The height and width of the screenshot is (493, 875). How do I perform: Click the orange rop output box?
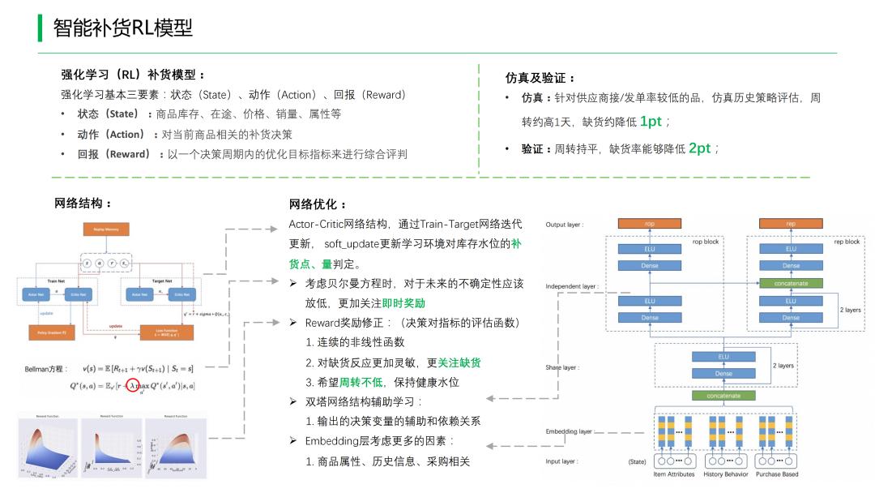tap(650, 224)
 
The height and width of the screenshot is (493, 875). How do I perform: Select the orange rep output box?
tap(791, 224)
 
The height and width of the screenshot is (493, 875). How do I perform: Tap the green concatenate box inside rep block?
tap(791, 283)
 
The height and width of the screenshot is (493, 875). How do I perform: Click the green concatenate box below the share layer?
tap(723, 396)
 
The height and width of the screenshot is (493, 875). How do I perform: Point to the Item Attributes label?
tap(674, 474)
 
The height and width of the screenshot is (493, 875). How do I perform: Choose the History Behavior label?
tap(726, 474)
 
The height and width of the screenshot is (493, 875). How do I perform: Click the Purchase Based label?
tap(777, 474)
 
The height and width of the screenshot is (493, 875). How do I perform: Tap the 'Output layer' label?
tap(565, 225)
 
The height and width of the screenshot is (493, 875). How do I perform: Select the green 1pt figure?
tap(651, 122)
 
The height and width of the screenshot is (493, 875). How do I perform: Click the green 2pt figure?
tap(699, 148)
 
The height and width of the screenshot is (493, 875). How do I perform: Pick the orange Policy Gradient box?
tap(49, 332)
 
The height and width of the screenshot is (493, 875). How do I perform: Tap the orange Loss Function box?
tap(166, 332)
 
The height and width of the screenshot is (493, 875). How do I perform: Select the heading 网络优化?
tap(318, 204)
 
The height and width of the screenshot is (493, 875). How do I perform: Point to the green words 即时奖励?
tap(403, 302)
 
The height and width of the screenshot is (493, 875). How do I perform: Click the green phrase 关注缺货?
tap(465, 362)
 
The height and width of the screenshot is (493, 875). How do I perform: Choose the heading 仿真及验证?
tap(540, 78)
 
